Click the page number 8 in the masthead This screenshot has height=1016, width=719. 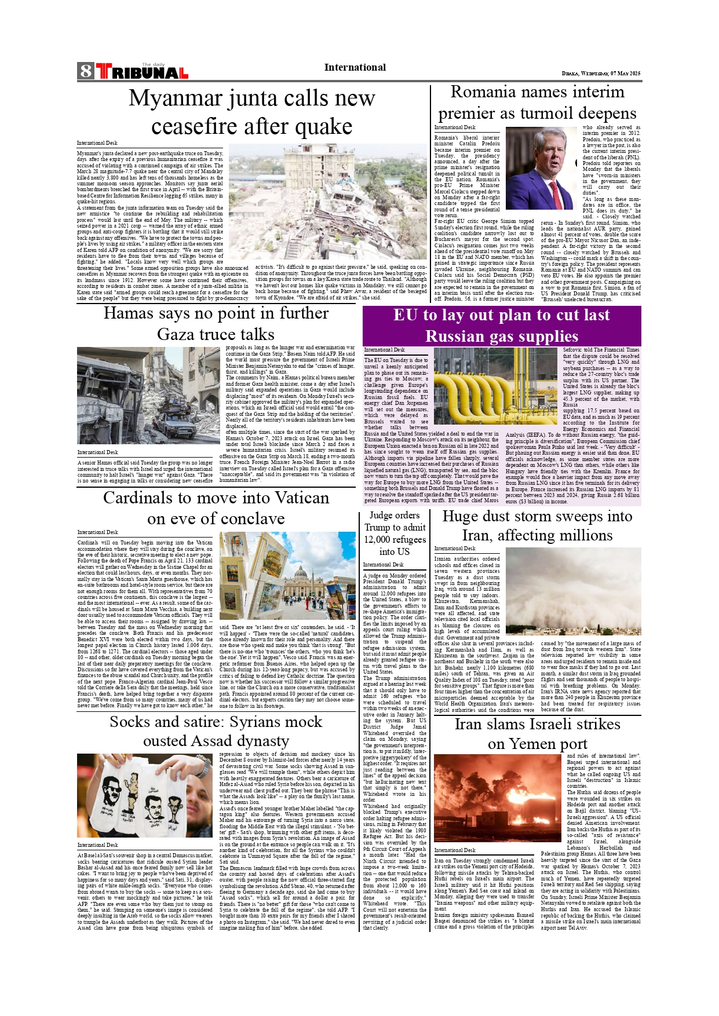click(86, 71)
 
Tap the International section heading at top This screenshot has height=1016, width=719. click(355, 68)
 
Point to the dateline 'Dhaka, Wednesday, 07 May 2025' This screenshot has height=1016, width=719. click(601, 74)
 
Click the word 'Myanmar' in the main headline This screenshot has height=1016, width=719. click(169, 98)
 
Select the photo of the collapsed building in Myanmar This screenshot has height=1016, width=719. click(327, 202)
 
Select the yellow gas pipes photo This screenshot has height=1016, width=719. click(495, 386)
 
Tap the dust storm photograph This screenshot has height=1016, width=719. click(573, 591)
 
